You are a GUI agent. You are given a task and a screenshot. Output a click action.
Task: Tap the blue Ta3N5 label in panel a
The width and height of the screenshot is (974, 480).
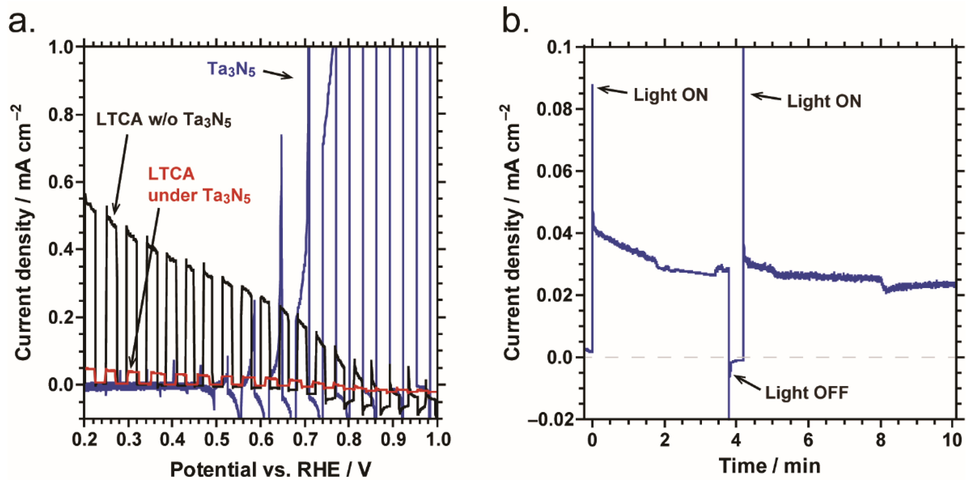click(231, 69)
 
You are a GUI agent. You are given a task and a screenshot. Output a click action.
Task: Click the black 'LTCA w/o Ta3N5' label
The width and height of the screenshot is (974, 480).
click(163, 120)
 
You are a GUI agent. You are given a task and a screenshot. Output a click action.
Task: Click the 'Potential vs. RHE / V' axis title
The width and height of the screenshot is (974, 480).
click(270, 469)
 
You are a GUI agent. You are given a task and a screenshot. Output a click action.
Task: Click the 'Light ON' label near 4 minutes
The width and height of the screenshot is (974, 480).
click(824, 101)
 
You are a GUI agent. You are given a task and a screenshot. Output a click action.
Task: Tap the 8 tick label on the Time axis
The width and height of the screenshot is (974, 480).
click(881, 440)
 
